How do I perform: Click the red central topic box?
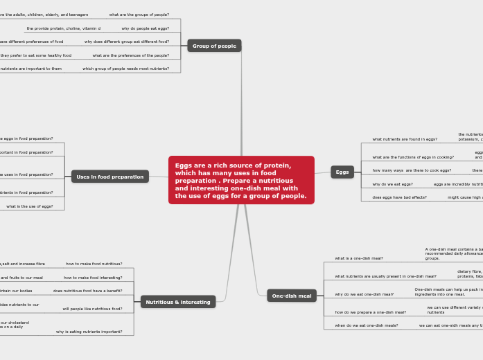241,180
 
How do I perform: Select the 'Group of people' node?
214,46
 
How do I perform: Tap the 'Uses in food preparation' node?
109,177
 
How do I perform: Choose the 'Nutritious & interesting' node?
178,302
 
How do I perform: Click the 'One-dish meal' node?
292,296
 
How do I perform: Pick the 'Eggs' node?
342,172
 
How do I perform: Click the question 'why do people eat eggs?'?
145,28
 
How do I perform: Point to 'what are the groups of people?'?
139,15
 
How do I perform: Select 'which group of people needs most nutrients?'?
125,69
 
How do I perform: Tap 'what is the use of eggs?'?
30,206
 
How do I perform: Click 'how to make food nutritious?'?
94,264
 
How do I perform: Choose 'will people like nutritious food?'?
92,309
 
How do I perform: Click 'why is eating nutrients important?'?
89,332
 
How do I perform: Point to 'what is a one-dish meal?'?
359,258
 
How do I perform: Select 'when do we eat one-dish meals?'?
367,325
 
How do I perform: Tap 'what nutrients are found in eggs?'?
405,139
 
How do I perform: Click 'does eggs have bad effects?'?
400,197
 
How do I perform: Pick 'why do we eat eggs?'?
392,184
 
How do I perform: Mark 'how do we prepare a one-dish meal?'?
371,312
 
